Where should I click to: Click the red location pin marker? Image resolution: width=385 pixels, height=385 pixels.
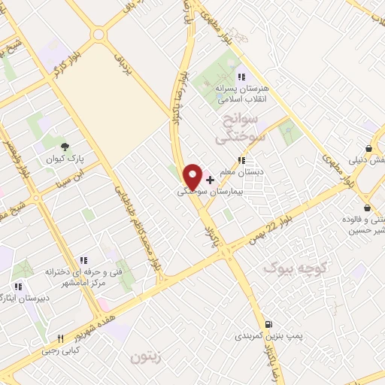pyautogui.click(x=192, y=177)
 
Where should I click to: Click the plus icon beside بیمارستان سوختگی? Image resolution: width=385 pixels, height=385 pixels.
pyautogui.click(x=210, y=180)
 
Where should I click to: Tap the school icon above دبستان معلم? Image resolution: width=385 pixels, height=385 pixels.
pyautogui.click(x=241, y=160)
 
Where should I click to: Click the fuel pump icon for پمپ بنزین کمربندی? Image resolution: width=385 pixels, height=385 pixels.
pyautogui.click(x=268, y=323)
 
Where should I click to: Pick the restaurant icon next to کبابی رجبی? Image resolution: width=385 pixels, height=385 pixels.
pyautogui.click(x=60, y=339)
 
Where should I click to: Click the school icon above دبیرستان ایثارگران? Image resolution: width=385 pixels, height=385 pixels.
pyautogui.click(x=18, y=286)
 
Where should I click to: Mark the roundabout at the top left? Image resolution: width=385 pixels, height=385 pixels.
pyautogui.click(x=98, y=35)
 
